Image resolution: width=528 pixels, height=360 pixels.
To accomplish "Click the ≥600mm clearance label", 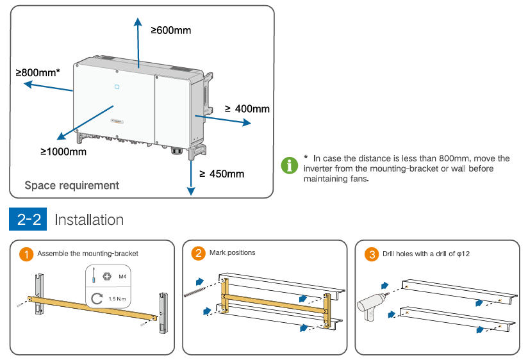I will (171, 29).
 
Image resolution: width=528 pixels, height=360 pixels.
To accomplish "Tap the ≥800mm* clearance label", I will (38, 72).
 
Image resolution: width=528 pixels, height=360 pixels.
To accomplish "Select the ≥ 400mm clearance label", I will (247, 109).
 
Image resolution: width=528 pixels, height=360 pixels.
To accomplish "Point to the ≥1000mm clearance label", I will (63, 152).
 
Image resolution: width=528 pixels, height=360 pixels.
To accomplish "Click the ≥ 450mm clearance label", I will (221, 174).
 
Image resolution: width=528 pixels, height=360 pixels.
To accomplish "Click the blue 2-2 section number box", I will (29, 220).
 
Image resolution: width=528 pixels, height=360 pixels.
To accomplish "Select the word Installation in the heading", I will (89, 220).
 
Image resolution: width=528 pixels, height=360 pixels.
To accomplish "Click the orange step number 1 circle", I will (26, 254).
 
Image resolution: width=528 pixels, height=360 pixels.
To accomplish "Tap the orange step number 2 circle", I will (199, 253).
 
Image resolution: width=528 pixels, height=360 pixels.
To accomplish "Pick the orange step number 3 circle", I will (370, 254).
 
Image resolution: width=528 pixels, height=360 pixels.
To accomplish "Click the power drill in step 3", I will (370, 306).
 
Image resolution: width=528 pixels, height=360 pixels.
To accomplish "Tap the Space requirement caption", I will (72, 185).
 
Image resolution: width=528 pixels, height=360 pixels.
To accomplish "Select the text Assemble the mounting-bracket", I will (88, 254).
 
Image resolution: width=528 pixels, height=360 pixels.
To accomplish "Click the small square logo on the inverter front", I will (117, 85).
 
